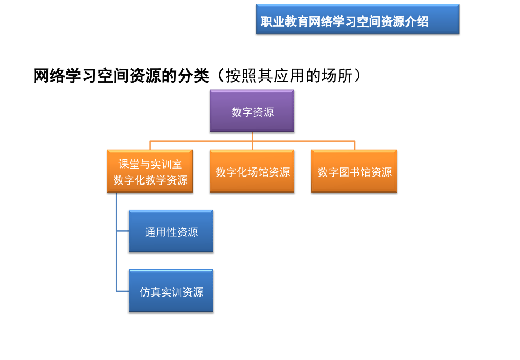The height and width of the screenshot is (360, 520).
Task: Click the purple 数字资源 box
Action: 252,111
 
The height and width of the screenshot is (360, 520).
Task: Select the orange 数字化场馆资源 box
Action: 252,171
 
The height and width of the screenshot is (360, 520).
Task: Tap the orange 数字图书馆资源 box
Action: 354,171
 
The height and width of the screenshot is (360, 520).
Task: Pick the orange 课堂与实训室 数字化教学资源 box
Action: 150,171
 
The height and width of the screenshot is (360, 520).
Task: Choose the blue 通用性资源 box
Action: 171,231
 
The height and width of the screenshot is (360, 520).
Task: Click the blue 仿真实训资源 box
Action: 171,291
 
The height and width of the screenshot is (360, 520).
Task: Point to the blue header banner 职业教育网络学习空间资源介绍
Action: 358,19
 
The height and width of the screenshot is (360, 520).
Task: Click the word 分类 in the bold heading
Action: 193,76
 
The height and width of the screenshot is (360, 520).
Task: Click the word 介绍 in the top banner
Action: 417,22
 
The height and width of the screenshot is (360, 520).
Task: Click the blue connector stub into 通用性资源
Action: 122,231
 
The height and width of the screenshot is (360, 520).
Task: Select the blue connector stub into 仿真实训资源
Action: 122,291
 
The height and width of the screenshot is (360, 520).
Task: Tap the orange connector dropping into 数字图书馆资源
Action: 355,146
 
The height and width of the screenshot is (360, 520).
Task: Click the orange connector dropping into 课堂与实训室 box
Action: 150,146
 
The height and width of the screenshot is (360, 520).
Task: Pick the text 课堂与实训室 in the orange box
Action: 150,164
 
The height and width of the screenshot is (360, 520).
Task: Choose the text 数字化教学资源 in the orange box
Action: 150,180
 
